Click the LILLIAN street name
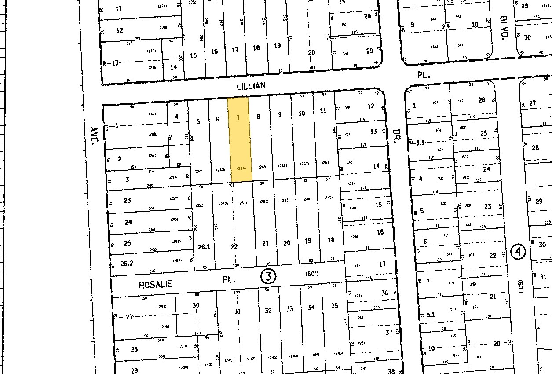point(251,85)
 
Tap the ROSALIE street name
point(155,285)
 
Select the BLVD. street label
point(504,26)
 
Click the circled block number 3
point(268,276)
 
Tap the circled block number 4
point(519,252)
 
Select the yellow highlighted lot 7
point(240,141)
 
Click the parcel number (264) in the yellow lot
point(241,168)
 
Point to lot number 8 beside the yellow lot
point(258,117)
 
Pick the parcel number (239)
point(162,307)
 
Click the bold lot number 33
point(289,309)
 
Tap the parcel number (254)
point(177,260)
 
